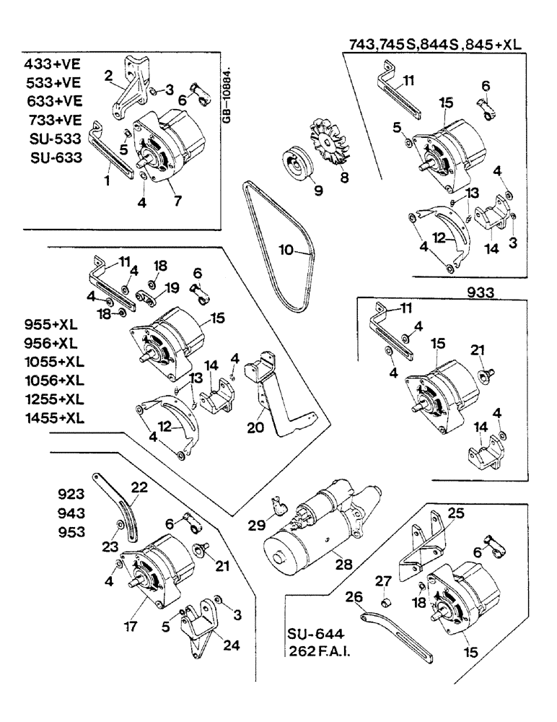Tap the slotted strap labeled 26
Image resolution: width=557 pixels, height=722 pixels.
394,635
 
